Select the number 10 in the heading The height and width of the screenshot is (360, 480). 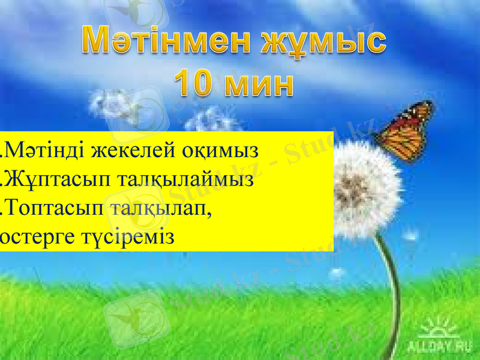193,84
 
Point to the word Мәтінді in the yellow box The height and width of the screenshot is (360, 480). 46,149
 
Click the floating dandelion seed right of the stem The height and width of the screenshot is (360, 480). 410,235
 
